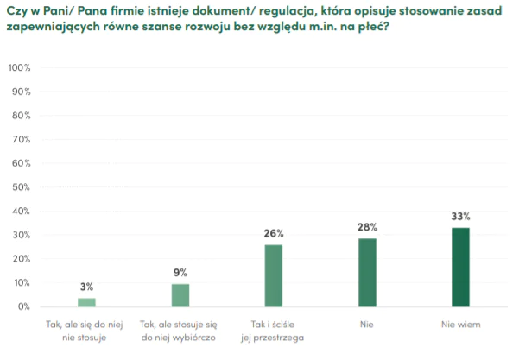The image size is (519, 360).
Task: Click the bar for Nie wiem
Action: (460, 267)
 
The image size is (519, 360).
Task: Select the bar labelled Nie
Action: (367, 273)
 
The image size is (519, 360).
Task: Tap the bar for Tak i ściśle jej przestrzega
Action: (273, 275)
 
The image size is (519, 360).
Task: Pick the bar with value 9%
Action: (180, 295)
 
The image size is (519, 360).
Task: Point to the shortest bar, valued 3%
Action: (86, 302)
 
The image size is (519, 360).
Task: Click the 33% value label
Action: (460, 218)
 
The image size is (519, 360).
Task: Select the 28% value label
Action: (367, 227)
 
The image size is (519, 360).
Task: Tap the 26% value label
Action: (274, 233)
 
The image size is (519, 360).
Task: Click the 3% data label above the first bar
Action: (86, 287)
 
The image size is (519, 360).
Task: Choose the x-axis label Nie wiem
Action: (460, 325)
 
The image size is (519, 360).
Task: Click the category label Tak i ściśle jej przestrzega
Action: (274, 331)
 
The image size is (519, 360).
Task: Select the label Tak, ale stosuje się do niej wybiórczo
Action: (180, 331)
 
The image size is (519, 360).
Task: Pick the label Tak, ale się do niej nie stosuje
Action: (86, 331)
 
